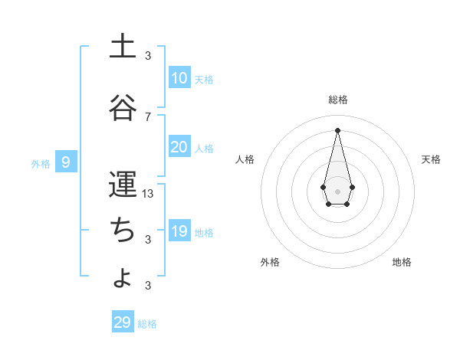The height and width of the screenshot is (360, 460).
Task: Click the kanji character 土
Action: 122,47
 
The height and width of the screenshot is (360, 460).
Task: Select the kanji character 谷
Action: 122,108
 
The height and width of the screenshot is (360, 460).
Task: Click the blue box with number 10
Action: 179,78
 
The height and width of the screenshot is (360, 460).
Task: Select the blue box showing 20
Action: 179,147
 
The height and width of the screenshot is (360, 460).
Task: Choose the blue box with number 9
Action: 67,162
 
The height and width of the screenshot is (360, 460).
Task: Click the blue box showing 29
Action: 123,322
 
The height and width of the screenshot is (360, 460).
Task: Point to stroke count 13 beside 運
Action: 148,194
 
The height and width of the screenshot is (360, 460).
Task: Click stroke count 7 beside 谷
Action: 148,116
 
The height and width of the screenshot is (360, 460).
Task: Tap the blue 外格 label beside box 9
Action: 41,163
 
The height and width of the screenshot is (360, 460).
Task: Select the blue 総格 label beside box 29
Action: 147,324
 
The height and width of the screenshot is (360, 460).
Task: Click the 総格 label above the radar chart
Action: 338,100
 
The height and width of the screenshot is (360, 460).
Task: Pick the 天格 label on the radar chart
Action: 431,159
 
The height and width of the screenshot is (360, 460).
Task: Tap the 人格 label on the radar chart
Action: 245,159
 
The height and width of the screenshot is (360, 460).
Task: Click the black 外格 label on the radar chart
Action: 269,262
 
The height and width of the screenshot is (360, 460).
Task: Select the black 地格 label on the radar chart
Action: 402,262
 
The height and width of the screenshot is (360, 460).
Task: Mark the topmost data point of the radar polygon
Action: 338,129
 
